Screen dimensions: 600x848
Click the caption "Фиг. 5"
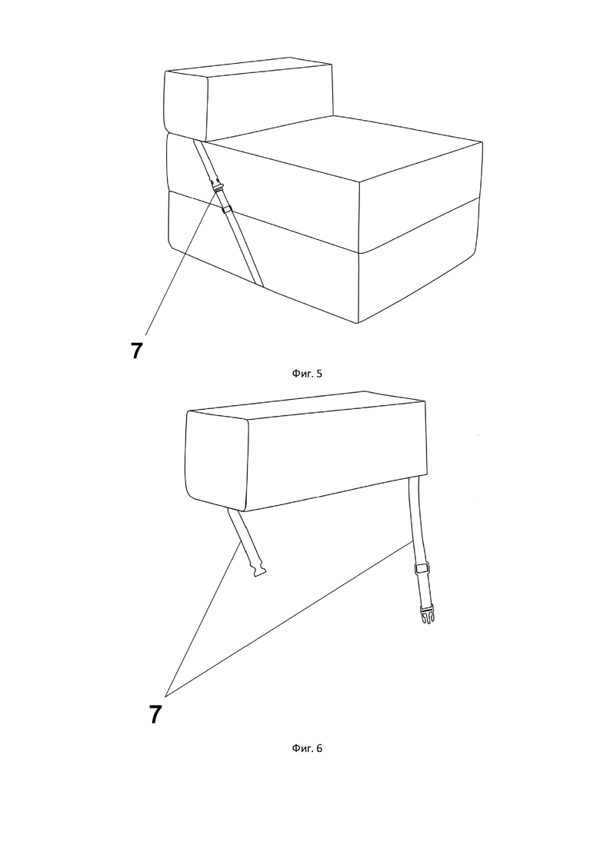point(307,373)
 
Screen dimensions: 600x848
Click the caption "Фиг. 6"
point(307,748)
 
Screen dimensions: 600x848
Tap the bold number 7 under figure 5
point(136,351)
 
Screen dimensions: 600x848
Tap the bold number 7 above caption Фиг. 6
point(155,715)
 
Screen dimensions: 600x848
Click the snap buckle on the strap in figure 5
point(218,186)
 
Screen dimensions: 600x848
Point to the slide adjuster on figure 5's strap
point(227,209)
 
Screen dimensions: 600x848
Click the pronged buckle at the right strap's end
point(427,616)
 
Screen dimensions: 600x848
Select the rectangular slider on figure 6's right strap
point(422,568)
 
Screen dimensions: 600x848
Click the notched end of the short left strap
point(258,570)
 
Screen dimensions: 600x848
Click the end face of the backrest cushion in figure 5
point(185,106)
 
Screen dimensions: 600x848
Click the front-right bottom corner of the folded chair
point(358,324)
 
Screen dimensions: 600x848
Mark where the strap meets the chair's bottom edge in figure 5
point(259,284)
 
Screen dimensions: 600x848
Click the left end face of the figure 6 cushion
point(216,461)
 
